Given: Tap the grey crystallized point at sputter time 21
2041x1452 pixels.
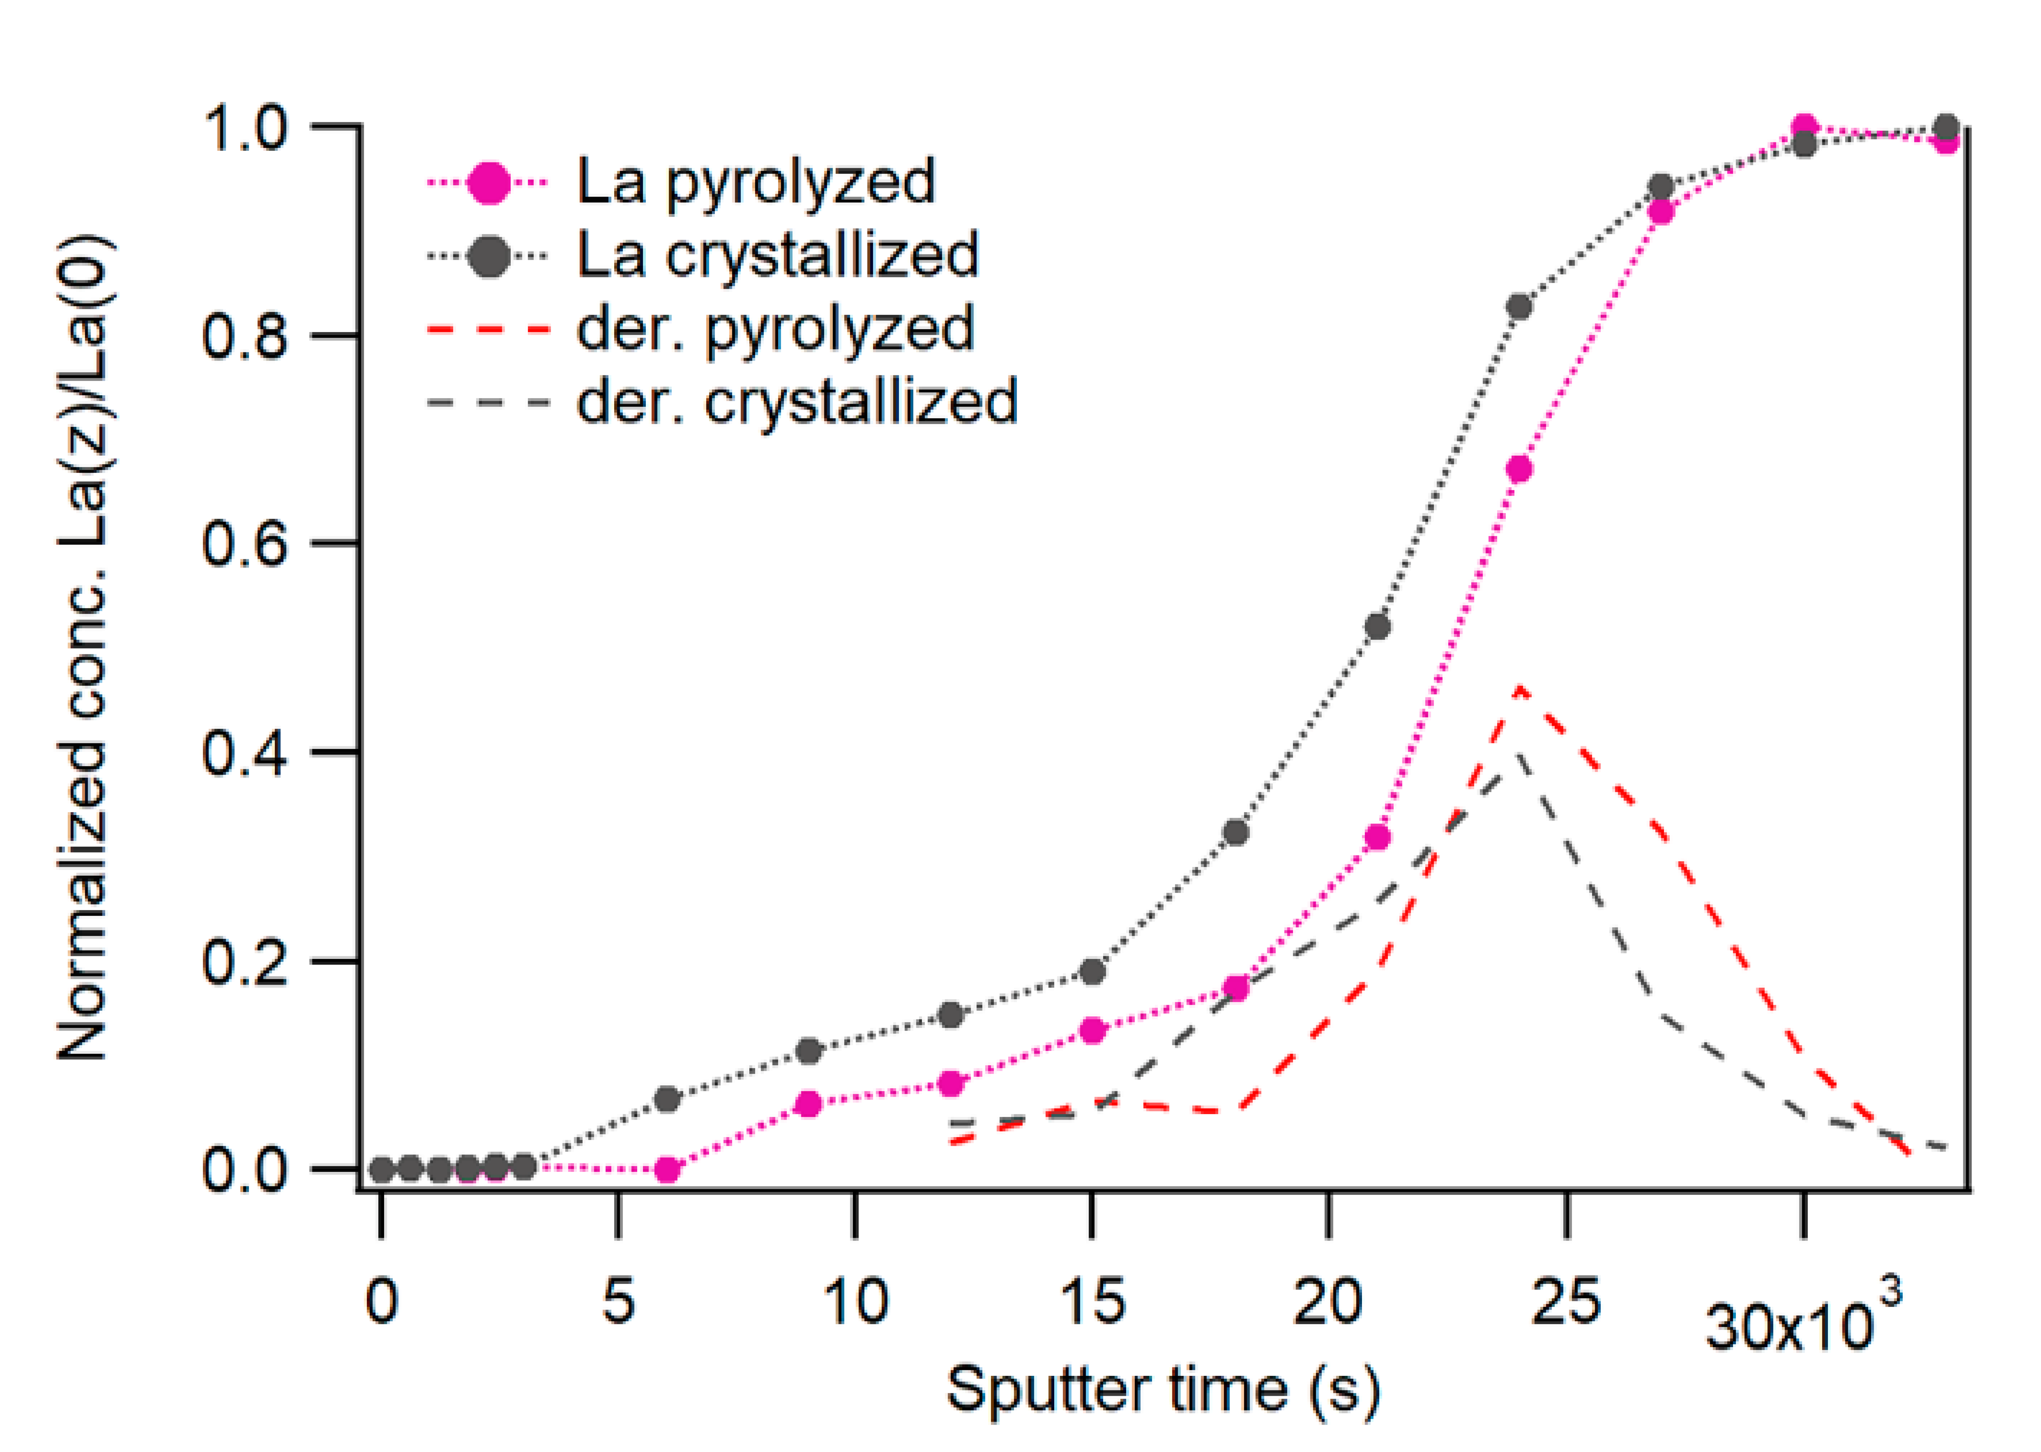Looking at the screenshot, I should [x=1378, y=627].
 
